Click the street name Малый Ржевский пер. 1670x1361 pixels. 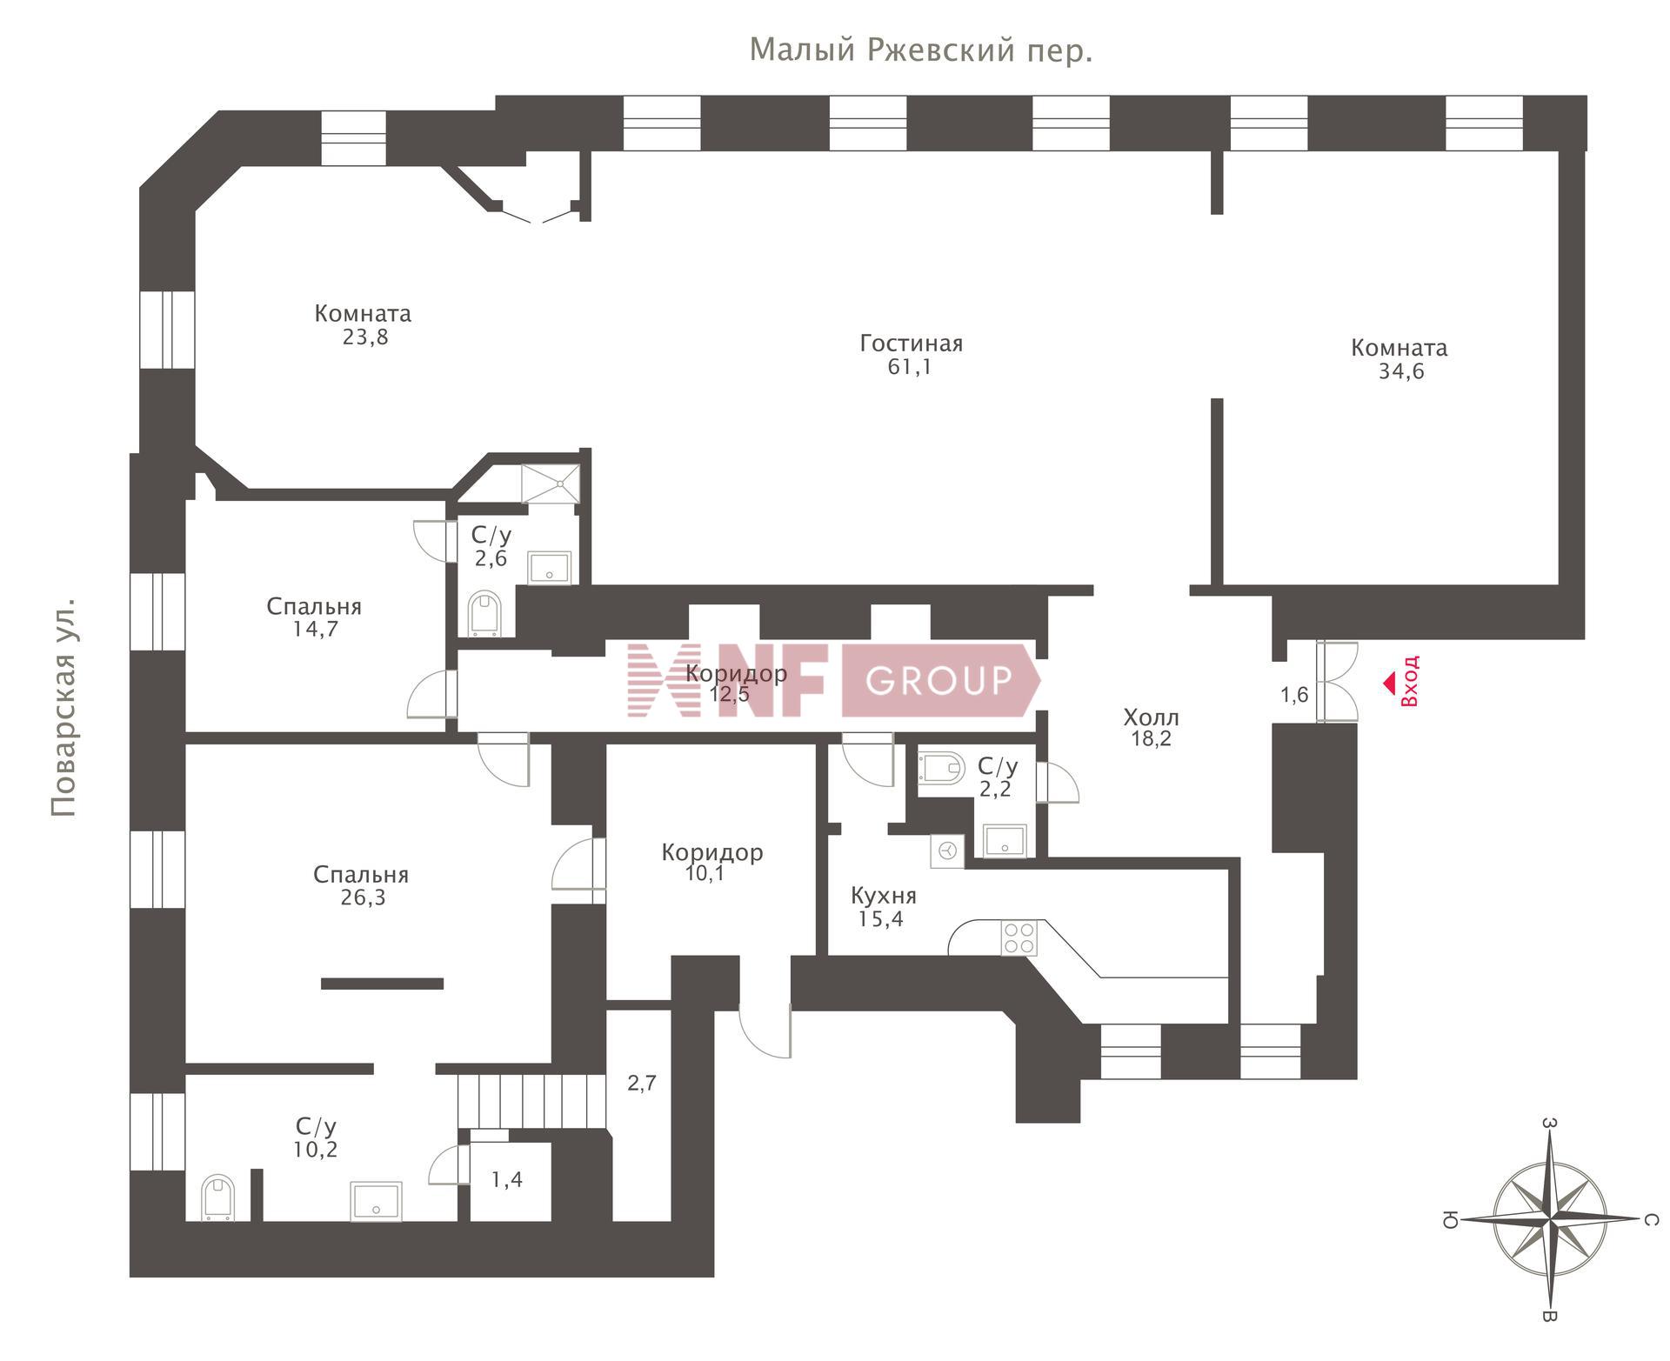click(x=921, y=51)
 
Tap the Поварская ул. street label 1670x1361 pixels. click(x=63, y=706)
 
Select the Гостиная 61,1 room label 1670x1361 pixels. click(x=911, y=355)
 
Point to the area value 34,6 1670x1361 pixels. click(x=1400, y=372)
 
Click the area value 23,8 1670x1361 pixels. click(x=364, y=337)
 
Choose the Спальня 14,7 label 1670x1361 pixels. click(x=314, y=617)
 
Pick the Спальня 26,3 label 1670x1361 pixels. click(x=361, y=885)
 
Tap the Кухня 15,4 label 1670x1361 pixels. click(x=883, y=907)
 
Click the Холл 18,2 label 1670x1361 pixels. click(x=1152, y=728)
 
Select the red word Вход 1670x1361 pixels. click(x=1410, y=680)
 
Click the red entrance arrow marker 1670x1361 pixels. click(x=1390, y=684)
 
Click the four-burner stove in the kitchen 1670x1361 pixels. click(x=1019, y=937)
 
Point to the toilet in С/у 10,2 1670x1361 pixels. click(x=217, y=1198)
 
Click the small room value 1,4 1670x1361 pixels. click(x=507, y=1180)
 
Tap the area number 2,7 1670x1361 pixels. click(x=642, y=1084)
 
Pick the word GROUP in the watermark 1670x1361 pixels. click(x=939, y=680)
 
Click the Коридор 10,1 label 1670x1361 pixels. click(x=711, y=863)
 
